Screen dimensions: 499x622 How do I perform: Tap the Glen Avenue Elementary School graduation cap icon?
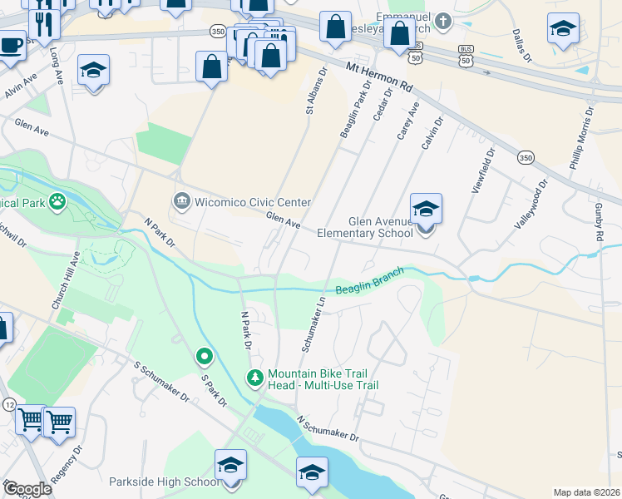click(425, 210)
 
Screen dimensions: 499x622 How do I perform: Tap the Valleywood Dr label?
click(532, 205)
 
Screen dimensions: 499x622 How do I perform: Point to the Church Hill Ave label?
click(66, 280)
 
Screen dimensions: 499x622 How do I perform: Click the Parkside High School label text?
click(165, 482)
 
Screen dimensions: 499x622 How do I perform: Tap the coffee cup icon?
click(10, 44)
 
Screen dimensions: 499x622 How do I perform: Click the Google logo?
click(27, 489)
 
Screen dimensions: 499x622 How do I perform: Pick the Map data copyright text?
click(586, 492)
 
